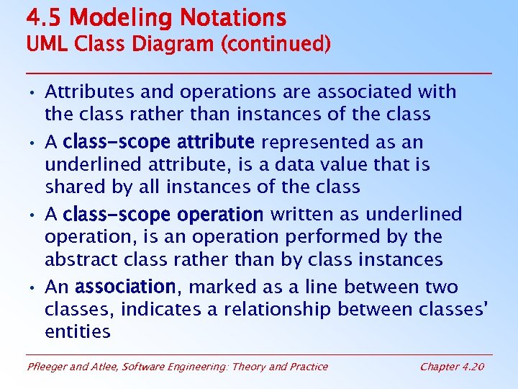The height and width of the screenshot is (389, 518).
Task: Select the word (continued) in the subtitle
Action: (x=276, y=45)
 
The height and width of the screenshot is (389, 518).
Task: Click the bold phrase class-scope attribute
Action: (x=158, y=142)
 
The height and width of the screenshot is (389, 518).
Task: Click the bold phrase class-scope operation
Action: (x=163, y=215)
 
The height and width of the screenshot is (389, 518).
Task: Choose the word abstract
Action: (x=78, y=259)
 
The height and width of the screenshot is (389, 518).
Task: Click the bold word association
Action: (x=125, y=287)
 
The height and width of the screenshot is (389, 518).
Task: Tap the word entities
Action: (x=78, y=332)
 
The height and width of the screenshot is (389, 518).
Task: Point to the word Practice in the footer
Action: (x=306, y=367)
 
